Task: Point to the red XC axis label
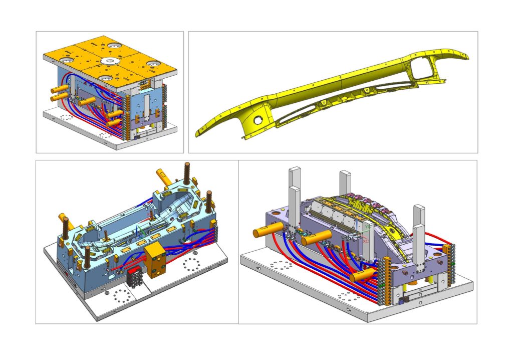tap(366, 241)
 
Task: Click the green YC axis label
tap(368, 227)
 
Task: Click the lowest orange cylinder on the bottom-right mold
tap(361, 275)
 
